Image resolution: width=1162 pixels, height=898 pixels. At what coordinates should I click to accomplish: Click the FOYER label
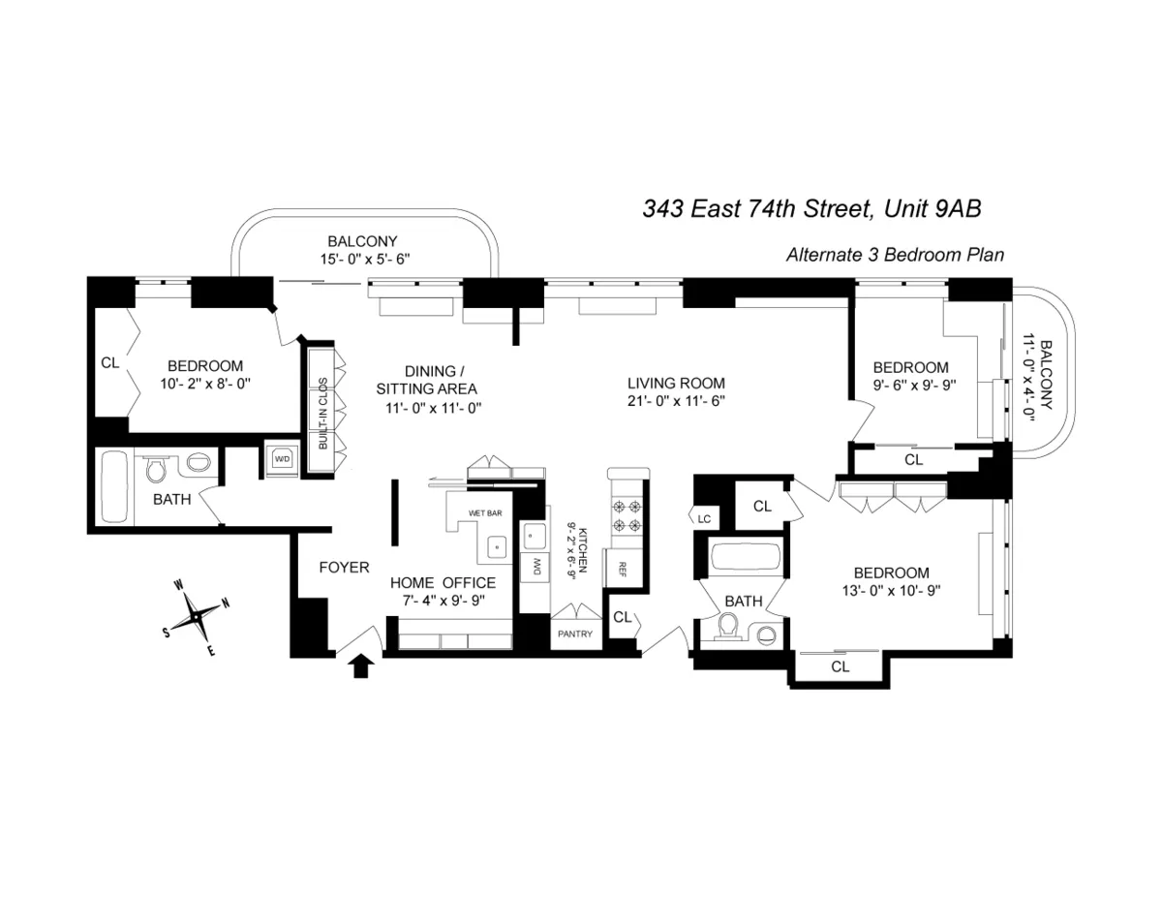344,568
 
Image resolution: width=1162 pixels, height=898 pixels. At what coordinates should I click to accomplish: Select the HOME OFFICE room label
443,582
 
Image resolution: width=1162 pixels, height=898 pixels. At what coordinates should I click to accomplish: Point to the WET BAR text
483,511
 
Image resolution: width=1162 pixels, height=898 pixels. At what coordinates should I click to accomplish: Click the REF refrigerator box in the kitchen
616,568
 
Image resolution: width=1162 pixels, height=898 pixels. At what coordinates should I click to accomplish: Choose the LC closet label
704,519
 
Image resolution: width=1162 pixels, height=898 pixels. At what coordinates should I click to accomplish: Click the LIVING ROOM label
675,383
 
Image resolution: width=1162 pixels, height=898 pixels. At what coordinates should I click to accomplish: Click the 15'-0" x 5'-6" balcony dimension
362,259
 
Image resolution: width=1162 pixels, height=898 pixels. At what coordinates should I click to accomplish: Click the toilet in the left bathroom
155,471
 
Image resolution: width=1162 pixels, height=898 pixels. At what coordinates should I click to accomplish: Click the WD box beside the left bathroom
283,458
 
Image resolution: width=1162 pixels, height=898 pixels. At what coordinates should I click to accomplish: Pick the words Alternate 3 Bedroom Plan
894,256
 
